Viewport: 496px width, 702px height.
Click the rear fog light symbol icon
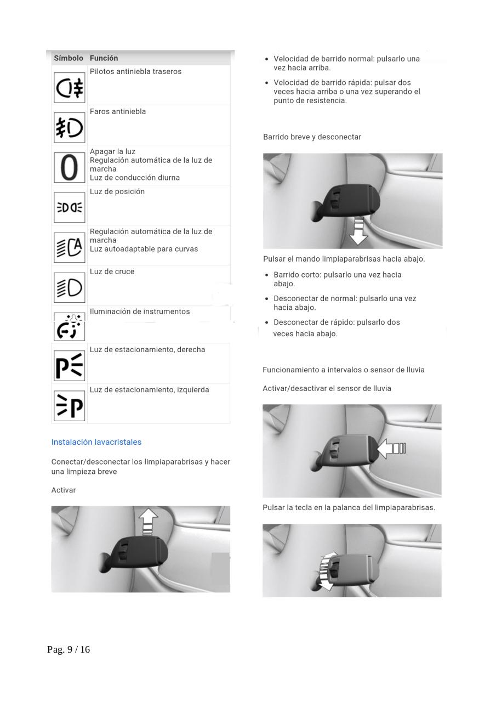coord(70,88)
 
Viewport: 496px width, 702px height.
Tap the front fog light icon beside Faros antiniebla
coord(70,128)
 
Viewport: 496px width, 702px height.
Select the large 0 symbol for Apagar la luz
coord(70,167)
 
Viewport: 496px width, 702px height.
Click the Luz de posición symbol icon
coord(70,207)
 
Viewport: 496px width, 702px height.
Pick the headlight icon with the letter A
coord(70,247)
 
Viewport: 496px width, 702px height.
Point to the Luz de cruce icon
coord(70,287)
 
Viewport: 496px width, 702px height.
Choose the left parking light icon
coord(70,406)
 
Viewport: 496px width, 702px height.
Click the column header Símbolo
coord(69,58)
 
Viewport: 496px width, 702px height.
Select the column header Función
coord(104,58)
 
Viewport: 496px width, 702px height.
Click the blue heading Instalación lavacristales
coord(96,442)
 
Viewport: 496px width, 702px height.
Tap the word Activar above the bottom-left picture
coord(64,490)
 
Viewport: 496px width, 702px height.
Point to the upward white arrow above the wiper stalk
coord(148,522)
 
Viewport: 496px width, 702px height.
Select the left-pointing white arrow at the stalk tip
coord(391,448)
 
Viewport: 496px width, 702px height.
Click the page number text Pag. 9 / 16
coord(69,649)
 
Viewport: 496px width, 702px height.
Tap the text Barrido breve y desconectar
coord(312,137)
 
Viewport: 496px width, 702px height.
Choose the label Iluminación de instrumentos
coord(140,312)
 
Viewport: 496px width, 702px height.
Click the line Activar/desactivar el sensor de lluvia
coord(327,388)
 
